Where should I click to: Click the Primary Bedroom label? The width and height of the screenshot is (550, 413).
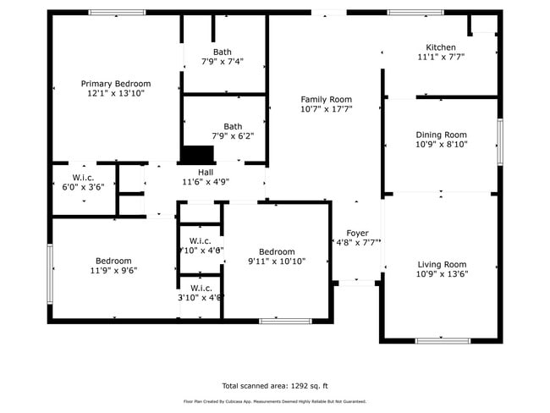tap(116, 84)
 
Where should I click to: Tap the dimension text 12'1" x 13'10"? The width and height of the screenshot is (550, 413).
tap(116, 94)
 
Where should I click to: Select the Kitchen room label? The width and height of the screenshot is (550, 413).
tap(440, 47)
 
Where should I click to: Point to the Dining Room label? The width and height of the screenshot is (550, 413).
tap(441, 135)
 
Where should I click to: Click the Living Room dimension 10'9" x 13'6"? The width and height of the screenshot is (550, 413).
tap(441, 274)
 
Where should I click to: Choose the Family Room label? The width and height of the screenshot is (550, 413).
tap(326, 99)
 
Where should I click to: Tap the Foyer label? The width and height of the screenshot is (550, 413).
tap(356, 233)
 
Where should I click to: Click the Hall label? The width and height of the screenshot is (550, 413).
tap(206, 172)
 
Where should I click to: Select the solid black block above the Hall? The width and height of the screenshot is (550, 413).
tap(199, 154)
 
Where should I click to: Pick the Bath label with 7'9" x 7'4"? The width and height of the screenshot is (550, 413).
tap(222, 52)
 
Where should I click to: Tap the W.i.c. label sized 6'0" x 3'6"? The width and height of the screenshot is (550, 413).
tap(83, 178)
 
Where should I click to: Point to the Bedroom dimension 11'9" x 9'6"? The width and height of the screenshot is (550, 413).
tap(113, 271)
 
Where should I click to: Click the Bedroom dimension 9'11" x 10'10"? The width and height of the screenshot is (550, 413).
tap(277, 262)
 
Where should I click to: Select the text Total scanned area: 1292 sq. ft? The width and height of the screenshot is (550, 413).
tap(274, 383)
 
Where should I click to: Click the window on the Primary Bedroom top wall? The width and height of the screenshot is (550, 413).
tap(116, 13)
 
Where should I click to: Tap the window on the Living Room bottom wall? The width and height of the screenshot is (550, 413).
tap(442, 340)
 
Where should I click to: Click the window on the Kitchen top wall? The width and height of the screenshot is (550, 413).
tap(415, 13)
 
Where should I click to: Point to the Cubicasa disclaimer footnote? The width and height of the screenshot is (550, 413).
tap(274, 401)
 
